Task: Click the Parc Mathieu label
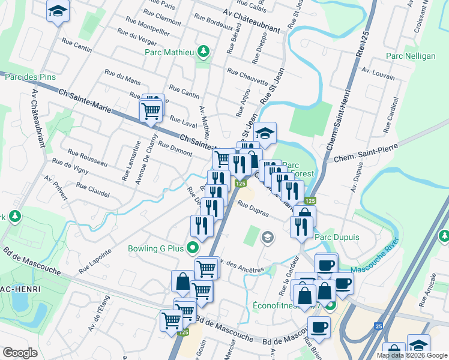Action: [169, 52]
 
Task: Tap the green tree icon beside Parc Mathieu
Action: [204, 52]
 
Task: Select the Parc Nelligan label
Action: [411, 56]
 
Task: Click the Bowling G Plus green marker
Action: [192, 247]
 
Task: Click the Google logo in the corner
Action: [20, 353]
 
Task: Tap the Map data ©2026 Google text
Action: [412, 355]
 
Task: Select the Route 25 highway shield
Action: [379, 326]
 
